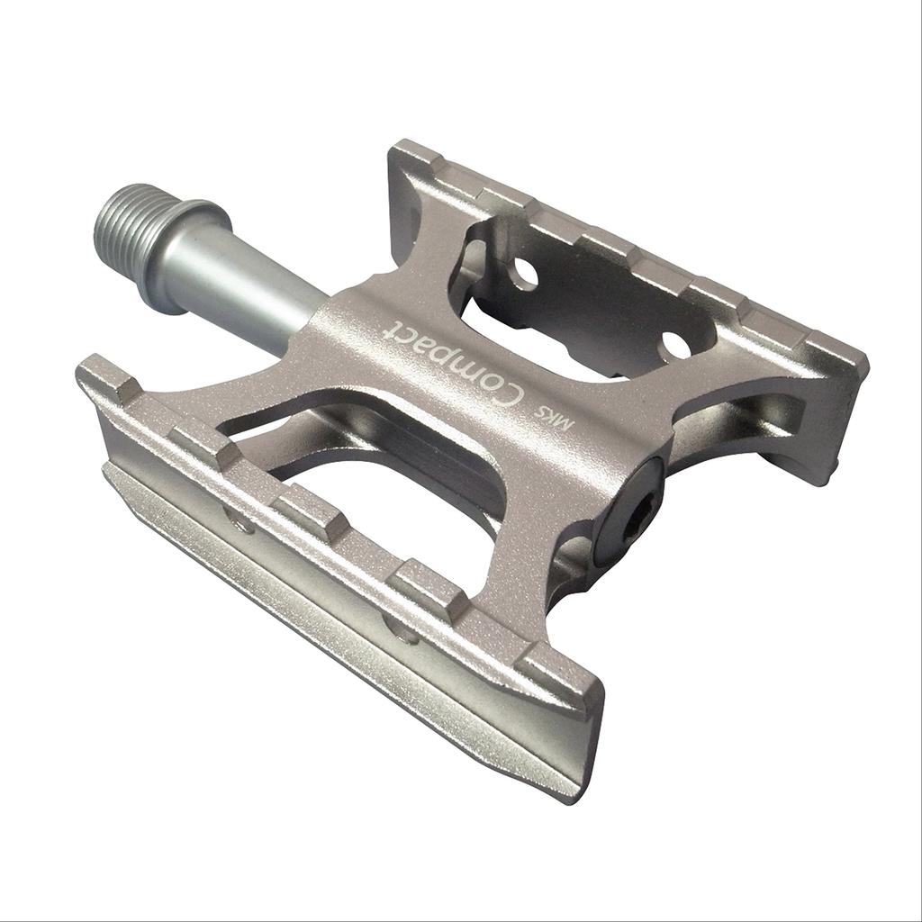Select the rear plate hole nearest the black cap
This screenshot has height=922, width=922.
pos(676,345)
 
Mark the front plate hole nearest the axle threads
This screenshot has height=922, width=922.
pos(240,520)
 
